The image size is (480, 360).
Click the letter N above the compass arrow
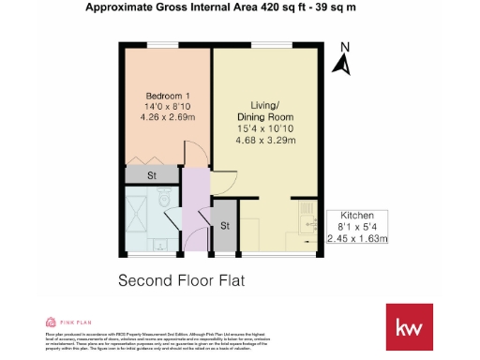pos(345,48)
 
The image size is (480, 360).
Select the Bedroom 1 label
pos(168,97)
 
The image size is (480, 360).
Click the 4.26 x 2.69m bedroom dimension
pos(168,118)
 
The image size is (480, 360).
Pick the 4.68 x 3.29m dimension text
pos(264,141)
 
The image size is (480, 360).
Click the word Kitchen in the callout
pos(357,214)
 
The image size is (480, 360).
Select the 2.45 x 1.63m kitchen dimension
pos(357,238)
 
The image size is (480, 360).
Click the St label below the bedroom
pos(150,176)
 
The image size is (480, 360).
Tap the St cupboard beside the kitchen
pos(225,226)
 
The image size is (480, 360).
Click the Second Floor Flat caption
pos(177,280)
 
